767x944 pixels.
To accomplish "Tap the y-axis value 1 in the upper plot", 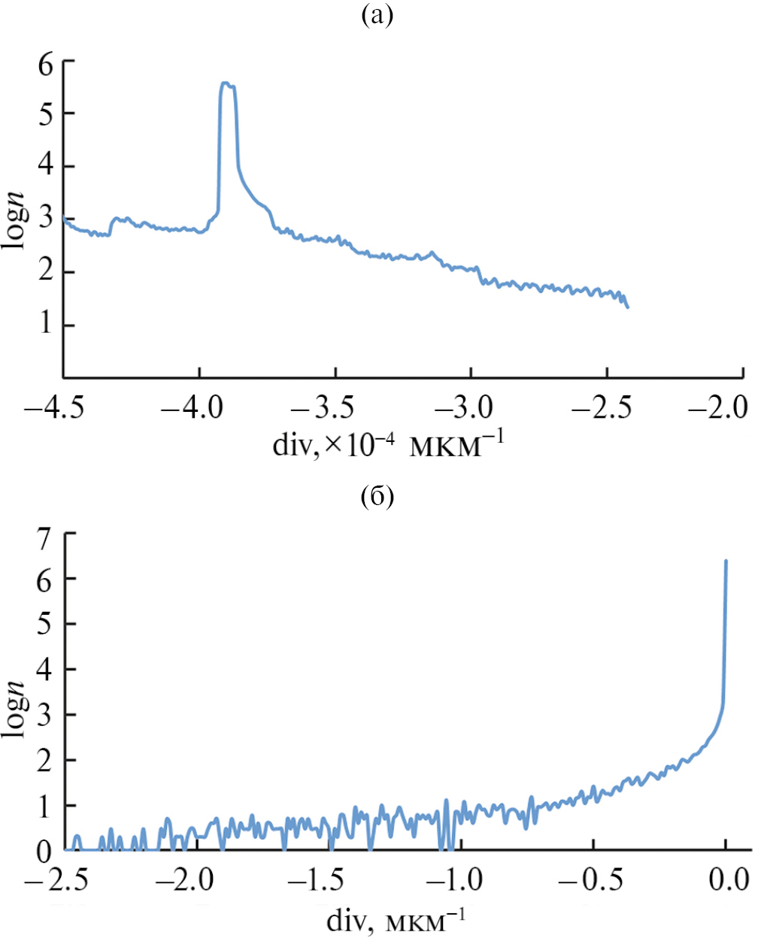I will (46, 324).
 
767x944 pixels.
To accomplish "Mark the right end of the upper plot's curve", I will (627, 307).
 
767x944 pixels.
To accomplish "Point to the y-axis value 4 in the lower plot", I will (49, 669).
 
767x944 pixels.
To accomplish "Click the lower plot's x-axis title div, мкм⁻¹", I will (396, 920).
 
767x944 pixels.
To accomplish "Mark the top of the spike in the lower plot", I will (726, 561).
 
